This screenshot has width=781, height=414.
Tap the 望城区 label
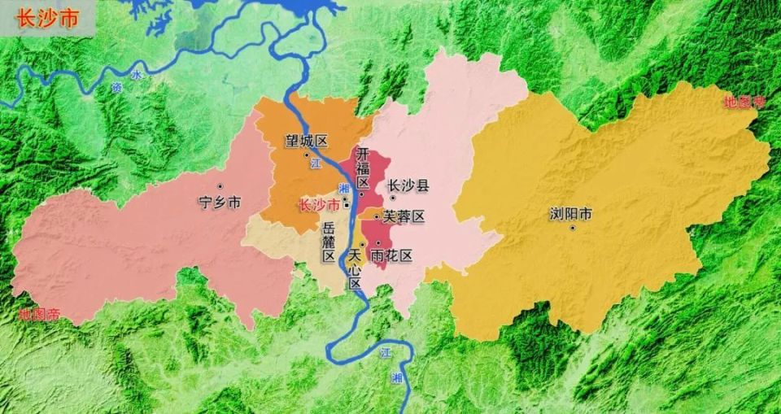(x=305, y=141)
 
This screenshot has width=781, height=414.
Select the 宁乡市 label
(x=220, y=203)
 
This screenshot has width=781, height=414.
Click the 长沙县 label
(x=408, y=185)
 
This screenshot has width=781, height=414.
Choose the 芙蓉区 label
(x=404, y=216)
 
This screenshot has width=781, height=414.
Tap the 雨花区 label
(x=391, y=255)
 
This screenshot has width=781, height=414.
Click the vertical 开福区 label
(x=363, y=168)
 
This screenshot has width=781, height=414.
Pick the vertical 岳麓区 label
(x=329, y=242)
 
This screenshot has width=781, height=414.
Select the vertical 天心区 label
(x=354, y=270)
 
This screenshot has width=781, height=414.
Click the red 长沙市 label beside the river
(x=320, y=205)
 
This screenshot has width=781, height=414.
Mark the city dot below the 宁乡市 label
(x=220, y=187)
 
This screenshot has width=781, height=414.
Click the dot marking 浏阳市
(x=573, y=228)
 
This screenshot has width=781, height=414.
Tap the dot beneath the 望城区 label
(x=307, y=155)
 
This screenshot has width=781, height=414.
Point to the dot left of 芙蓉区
(x=375, y=216)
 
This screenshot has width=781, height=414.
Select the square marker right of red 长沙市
(x=347, y=204)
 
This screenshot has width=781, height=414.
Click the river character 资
(x=116, y=86)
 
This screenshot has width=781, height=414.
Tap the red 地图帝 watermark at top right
(x=744, y=102)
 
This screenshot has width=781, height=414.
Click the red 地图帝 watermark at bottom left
(x=38, y=314)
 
